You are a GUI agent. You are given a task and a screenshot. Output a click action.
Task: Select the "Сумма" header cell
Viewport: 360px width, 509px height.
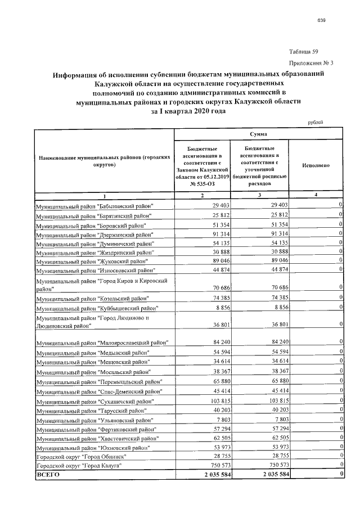(x=259, y=134)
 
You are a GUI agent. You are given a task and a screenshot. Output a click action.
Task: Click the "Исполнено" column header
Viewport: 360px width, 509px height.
(x=316, y=166)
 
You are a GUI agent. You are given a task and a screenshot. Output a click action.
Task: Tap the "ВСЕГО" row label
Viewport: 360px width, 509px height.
(x=48, y=475)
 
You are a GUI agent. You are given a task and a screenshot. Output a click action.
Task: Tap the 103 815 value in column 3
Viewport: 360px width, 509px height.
(x=274, y=402)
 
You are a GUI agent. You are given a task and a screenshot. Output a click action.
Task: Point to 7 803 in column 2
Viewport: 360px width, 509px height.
(x=223, y=420)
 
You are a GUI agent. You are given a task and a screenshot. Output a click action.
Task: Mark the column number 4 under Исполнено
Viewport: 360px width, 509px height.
(x=316, y=195)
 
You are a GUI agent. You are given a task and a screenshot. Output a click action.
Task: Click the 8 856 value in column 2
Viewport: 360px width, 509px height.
(x=223, y=308)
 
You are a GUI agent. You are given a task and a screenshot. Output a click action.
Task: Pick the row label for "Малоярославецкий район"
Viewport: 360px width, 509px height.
(x=102, y=343)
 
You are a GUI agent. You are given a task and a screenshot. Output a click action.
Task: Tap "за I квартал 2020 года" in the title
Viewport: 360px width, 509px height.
(x=189, y=111)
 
